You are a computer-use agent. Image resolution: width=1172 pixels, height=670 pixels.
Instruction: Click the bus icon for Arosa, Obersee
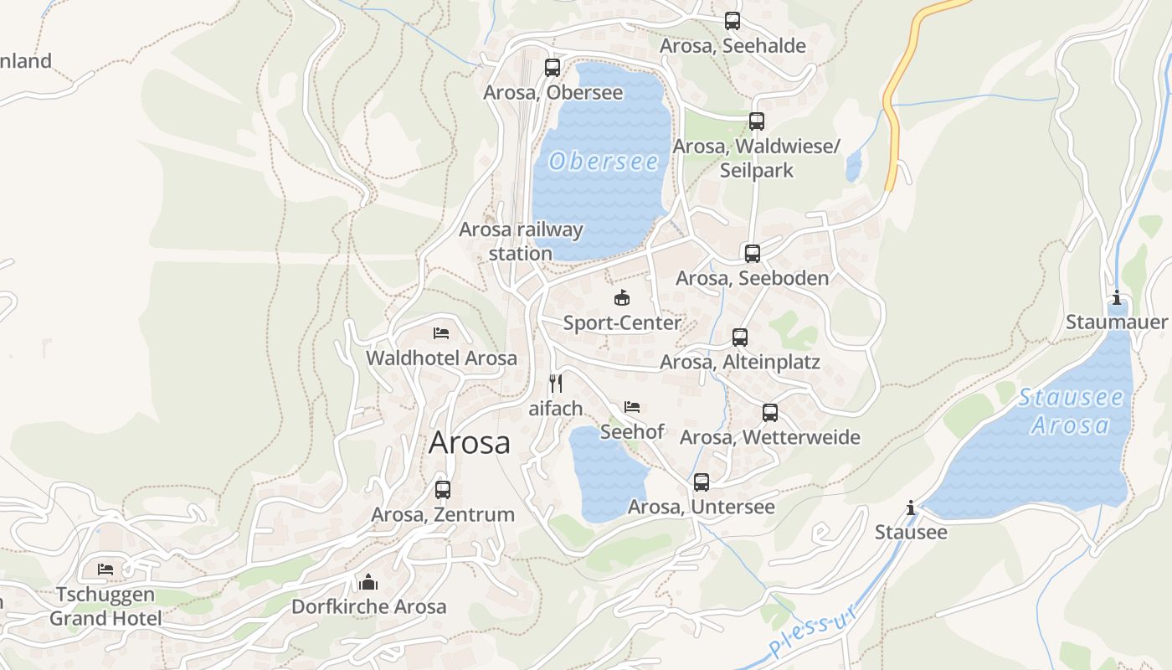click(553, 68)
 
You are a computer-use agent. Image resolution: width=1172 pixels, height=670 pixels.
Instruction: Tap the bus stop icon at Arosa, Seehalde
click(732, 21)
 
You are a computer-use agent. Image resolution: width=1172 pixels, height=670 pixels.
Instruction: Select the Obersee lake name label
click(604, 161)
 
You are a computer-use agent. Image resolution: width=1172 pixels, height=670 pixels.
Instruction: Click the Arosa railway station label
click(521, 241)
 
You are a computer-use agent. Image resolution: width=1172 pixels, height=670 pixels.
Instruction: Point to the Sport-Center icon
click(622, 297)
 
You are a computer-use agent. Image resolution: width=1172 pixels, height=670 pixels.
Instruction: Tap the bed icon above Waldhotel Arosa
click(441, 333)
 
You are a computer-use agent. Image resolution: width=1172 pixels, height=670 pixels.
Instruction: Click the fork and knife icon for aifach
click(555, 384)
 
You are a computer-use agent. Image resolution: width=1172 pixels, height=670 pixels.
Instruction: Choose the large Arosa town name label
click(469, 442)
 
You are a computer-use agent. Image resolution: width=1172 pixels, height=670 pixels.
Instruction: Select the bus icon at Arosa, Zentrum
click(443, 489)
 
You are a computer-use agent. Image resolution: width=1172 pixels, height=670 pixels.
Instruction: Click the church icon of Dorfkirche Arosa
click(368, 582)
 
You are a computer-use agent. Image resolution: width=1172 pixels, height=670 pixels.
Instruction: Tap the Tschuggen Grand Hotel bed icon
click(105, 569)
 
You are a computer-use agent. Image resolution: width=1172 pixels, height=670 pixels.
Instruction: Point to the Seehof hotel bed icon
click(632, 407)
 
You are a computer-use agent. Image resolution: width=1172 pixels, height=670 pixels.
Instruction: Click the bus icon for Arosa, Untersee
click(702, 482)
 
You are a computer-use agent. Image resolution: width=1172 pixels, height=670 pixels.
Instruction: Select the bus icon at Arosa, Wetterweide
click(770, 413)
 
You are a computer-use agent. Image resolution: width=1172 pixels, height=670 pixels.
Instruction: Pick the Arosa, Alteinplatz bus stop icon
click(740, 338)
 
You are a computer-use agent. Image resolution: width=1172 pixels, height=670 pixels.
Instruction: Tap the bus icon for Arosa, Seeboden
click(753, 254)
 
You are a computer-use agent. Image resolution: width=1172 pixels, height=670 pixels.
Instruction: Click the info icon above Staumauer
click(1116, 298)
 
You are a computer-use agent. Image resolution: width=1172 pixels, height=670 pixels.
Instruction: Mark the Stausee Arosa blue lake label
click(1071, 410)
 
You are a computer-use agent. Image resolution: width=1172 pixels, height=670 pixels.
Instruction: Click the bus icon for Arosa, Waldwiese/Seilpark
click(757, 121)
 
